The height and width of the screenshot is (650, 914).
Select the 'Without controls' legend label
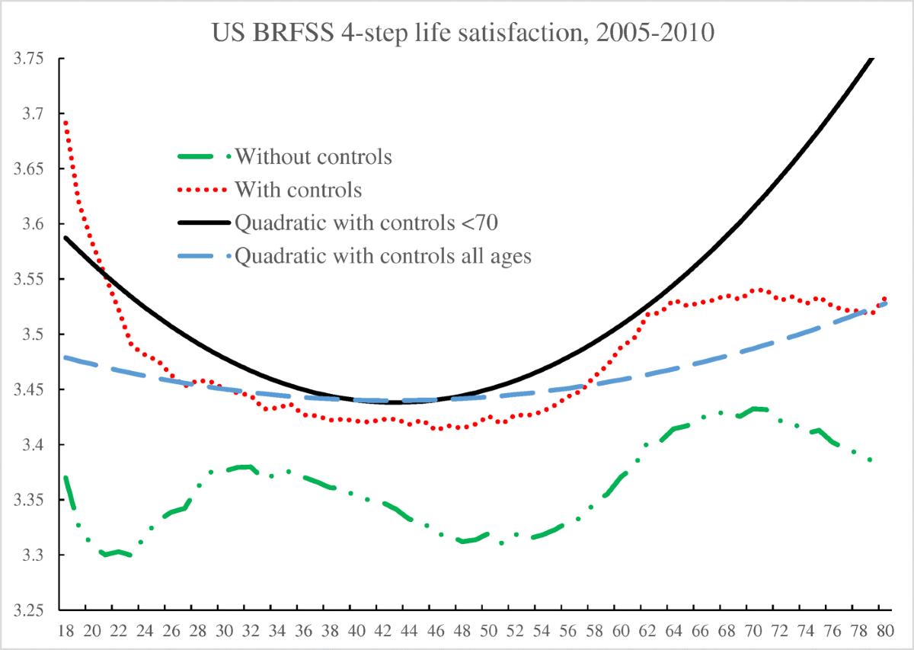click(314, 158)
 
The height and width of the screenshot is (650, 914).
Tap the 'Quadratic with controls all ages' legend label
click(383, 256)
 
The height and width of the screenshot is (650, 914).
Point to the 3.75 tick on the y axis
click(29, 59)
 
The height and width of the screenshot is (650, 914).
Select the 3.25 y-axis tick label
click(29, 610)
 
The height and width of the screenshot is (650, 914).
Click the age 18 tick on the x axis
click(66, 632)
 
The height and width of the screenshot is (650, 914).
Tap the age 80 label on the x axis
click(884, 632)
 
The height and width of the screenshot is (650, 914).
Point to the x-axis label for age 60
click(621, 632)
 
